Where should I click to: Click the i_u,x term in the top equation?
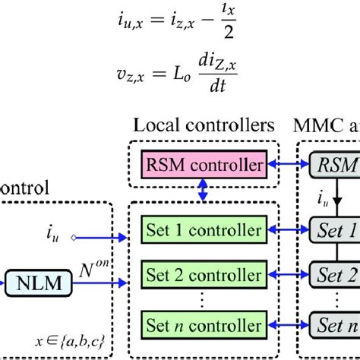pos(126,27)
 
